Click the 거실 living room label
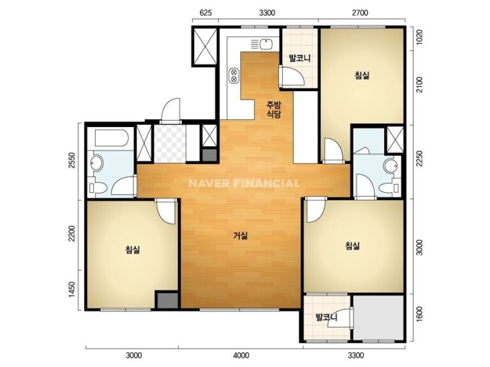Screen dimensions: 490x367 241,236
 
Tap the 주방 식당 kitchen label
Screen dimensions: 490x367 274,109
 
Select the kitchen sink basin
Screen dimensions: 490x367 266,44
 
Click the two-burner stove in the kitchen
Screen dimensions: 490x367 234,75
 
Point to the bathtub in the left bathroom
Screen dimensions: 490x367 112,138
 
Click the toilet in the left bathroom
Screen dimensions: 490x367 98,188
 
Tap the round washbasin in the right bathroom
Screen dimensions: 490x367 390,166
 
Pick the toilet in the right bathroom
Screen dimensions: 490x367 389,188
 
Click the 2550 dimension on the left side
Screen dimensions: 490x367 72,160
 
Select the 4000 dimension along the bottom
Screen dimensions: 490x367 241,356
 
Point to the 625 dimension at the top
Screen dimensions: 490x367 205,13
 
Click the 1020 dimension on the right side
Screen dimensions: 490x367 419,38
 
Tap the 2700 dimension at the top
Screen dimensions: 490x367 360,13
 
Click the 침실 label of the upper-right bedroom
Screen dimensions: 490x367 362,75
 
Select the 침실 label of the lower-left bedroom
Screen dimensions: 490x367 133,250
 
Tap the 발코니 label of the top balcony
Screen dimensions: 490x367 300,58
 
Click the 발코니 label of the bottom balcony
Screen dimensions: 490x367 327,318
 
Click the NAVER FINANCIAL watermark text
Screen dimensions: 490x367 244,183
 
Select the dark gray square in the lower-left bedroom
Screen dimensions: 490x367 167,300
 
